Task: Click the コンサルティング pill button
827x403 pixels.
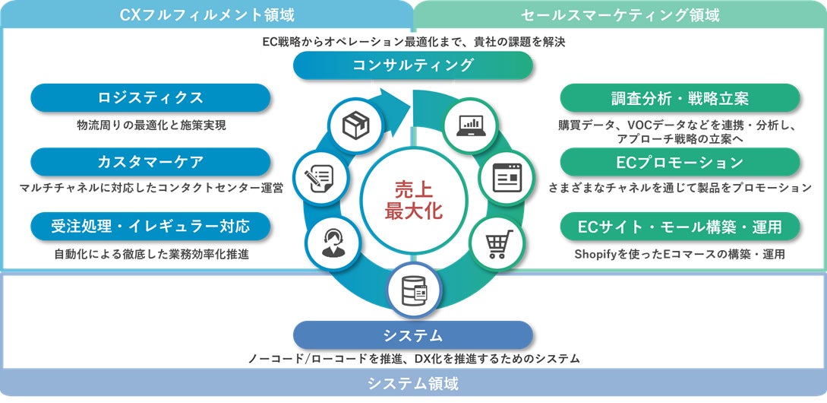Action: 413,65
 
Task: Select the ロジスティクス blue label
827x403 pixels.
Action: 150,98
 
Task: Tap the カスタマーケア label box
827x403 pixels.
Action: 150,162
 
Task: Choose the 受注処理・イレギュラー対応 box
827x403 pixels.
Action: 150,226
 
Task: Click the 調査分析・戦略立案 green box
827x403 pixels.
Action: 680,98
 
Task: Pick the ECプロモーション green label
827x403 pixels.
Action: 680,162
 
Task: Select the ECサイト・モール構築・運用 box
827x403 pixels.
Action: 680,226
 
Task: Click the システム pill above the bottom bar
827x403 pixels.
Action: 413,335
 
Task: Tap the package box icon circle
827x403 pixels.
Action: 355,125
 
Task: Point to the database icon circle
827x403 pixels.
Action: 413,290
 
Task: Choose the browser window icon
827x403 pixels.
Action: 507,177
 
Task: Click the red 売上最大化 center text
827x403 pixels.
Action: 412,200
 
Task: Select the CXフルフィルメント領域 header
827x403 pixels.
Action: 207,14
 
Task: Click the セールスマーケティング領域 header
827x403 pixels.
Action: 620,14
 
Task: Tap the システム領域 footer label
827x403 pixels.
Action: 413,383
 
